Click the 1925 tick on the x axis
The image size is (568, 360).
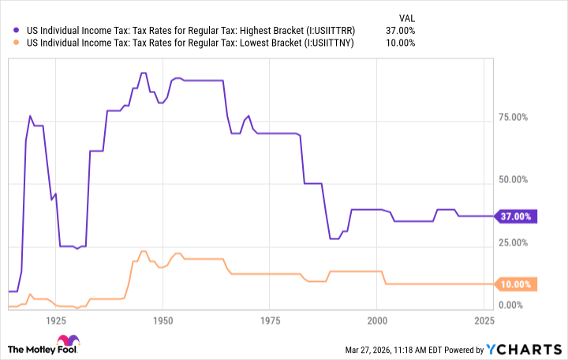click(x=56, y=321)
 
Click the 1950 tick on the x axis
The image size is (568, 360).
click(x=163, y=321)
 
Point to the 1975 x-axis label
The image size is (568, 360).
click(x=270, y=321)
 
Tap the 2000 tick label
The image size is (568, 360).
click(x=377, y=321)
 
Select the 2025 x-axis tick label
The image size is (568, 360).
click(x=484, y=321)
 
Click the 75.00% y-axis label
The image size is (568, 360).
click(x=517, y=118)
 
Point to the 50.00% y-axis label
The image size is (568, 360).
click(x=517, y=180)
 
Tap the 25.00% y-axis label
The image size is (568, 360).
click(x=517, y=242)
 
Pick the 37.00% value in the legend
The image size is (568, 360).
click(x=401, y=31)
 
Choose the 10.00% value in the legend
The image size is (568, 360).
click(x=401, y=43)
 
